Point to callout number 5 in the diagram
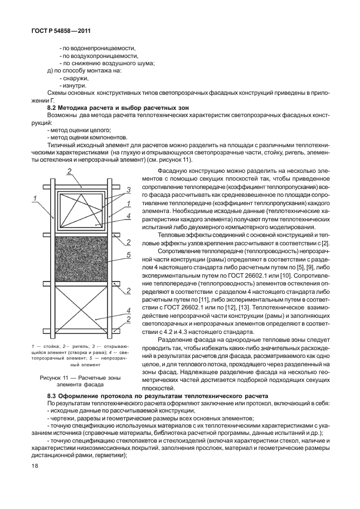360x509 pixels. tap(128, 255)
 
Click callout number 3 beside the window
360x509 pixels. tap(128, 190)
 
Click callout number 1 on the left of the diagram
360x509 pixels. tap(34, 198)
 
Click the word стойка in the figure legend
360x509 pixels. tap(47, 347)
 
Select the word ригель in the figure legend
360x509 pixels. tap(77, 347)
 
